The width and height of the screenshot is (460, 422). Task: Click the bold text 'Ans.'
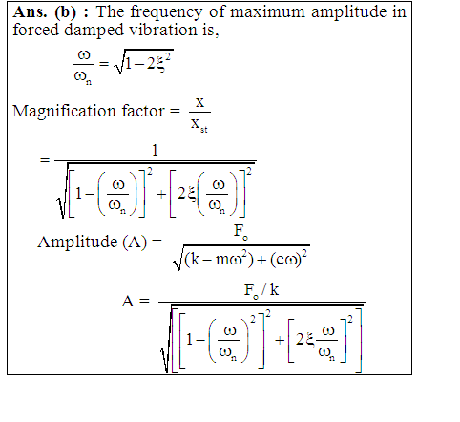tap(30, 12)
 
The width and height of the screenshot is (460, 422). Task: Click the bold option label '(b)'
tap(66, 12)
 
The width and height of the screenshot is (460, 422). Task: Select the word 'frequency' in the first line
tap(166, 12)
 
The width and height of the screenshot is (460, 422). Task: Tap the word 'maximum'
tap(267, 12)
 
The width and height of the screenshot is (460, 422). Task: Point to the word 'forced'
tap(36, 30)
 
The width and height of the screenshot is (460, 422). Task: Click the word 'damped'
tap(94, 31)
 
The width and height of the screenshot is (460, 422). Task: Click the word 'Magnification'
tap(65, 112)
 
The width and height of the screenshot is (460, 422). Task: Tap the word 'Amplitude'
tap(77, 243)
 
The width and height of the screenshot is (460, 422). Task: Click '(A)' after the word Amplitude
tap(135, 243)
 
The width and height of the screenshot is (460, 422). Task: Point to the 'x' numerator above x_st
tap(199, 103)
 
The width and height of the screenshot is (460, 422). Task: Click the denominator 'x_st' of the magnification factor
tap(199, 125)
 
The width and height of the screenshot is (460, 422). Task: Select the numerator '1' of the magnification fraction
tap(155, 150)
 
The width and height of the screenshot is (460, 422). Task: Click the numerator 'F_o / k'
tap(261, 291)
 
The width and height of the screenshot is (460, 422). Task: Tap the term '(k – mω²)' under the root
tap(219, 261)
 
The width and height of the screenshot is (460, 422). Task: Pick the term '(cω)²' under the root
tap(288, 260)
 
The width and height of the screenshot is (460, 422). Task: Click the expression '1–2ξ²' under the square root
tap(148, 62)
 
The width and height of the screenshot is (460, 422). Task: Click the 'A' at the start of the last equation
tap(128, 301)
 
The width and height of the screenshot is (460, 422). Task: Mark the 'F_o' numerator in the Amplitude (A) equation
tap(240, 231)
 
